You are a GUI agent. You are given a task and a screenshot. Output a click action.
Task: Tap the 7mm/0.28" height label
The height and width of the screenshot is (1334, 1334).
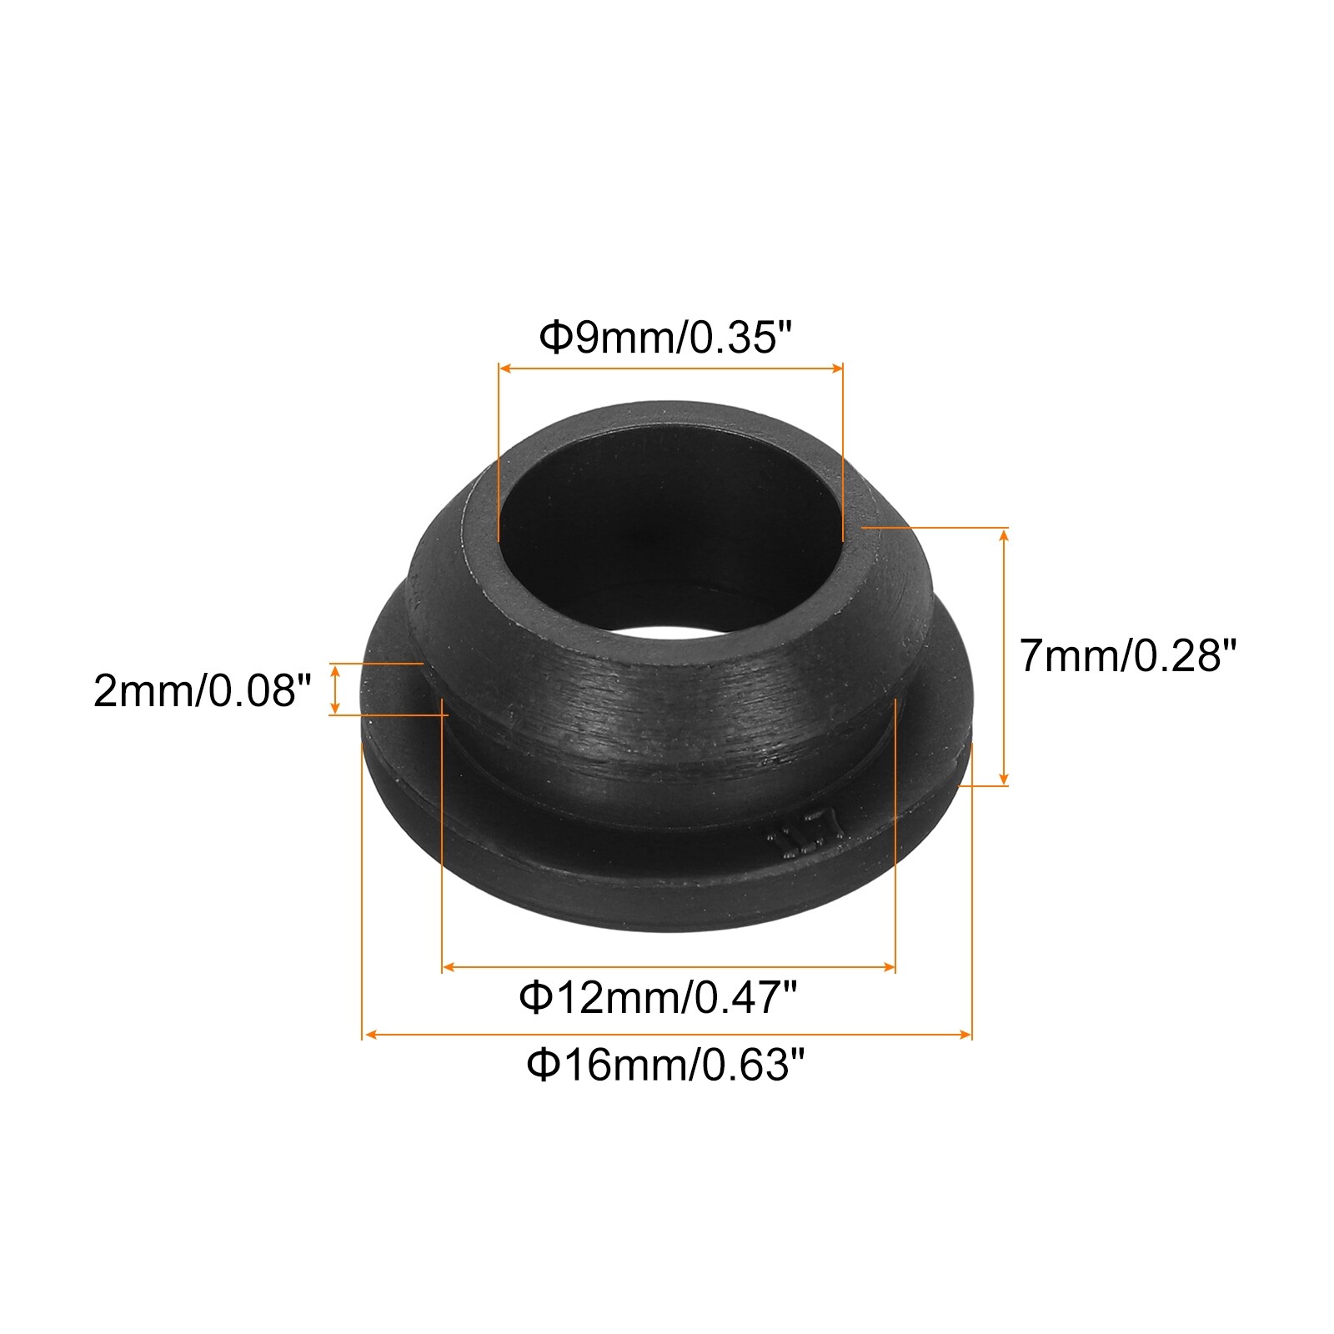(x=1126, y=655)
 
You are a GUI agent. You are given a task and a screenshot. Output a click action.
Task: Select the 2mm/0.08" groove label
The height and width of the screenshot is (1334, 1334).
(x=203, y=690)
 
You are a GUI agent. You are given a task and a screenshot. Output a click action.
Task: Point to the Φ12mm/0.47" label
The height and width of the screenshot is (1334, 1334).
(x=659, y=996)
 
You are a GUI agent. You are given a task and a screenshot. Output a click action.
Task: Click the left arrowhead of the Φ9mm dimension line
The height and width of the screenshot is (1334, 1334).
(x=504, y=367)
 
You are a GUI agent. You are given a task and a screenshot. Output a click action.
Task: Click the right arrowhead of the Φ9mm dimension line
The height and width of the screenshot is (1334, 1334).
(x=837, y=367)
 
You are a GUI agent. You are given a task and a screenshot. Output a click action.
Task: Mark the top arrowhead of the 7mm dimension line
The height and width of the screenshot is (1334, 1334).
(x=1004, y=534)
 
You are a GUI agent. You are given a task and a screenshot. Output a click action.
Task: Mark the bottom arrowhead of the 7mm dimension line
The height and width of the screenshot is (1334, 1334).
(x=1004, y=779)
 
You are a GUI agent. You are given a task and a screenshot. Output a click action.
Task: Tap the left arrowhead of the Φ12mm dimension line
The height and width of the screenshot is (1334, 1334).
(x=448, y=967)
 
